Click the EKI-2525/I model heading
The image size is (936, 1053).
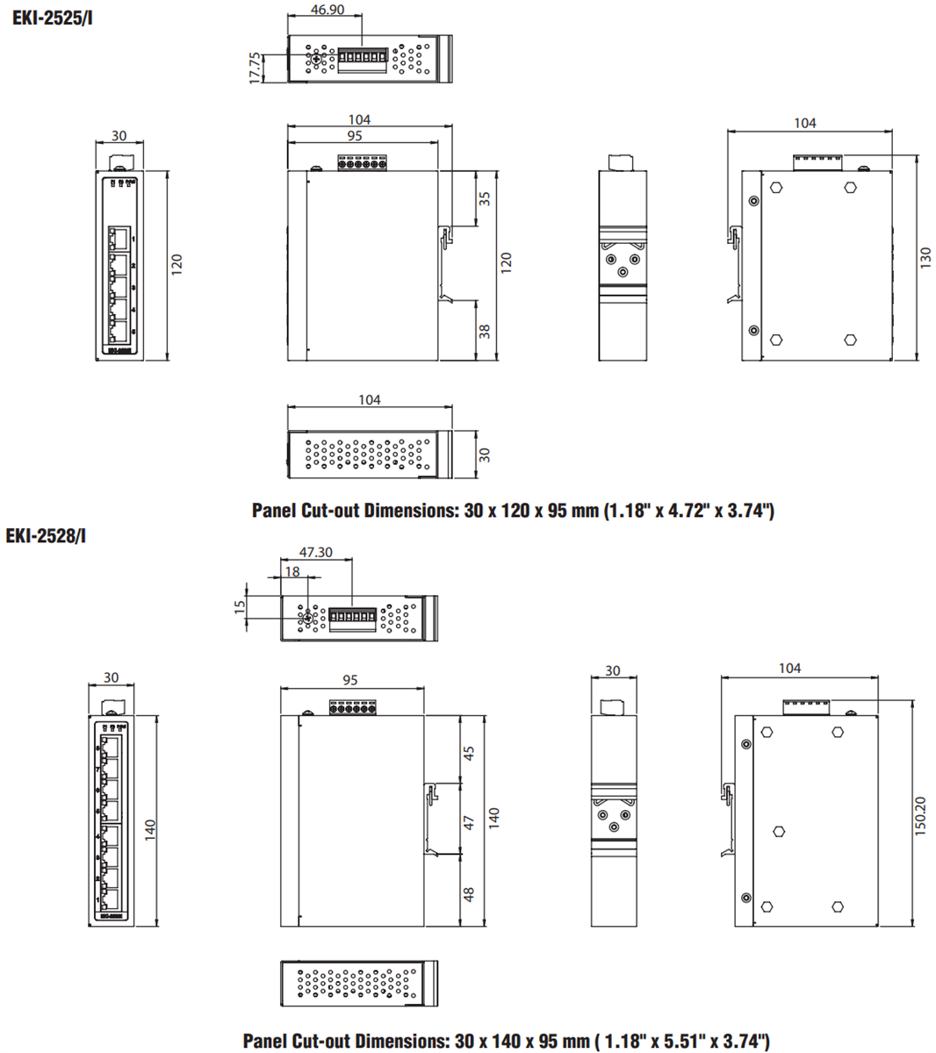52,17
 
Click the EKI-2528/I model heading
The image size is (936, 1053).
46,535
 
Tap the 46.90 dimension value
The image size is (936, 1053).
328,10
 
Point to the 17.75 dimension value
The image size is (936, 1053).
255,68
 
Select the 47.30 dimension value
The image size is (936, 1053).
316,553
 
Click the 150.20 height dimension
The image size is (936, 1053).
920,816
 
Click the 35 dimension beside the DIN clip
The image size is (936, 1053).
485,198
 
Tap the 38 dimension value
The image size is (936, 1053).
485,331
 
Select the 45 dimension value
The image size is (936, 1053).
470,753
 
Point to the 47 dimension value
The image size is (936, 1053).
470,822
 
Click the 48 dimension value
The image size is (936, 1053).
470,893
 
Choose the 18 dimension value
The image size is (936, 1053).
292,571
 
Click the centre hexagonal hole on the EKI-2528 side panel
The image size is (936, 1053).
778,831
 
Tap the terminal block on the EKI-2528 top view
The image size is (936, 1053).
352,619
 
